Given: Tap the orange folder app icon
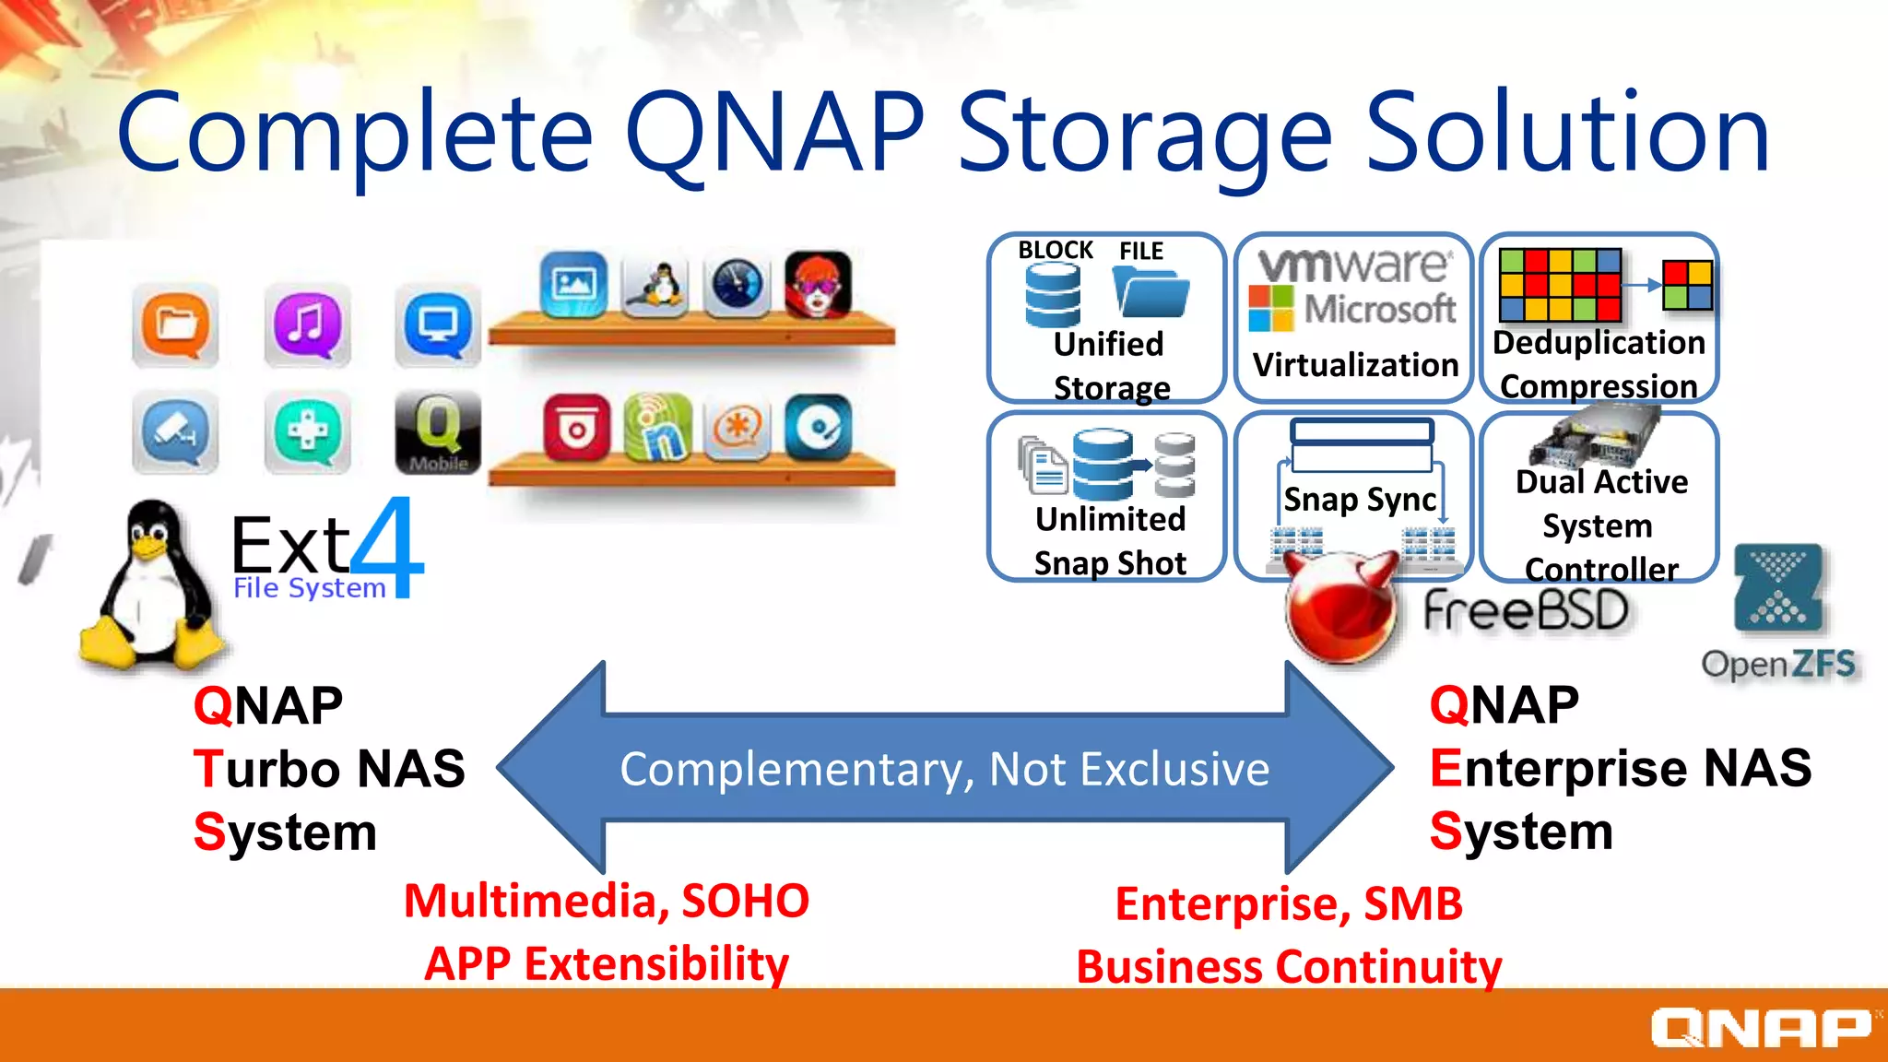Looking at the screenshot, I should [175, 325].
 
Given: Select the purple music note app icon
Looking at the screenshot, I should [307, 325].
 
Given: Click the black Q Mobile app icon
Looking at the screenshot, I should [438, 431].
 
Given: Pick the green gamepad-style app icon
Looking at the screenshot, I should [307, 431].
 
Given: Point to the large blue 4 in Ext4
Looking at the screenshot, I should [387, 548].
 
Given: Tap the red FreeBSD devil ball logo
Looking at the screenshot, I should [1339, 608].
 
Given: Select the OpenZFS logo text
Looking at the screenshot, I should [1777, 664].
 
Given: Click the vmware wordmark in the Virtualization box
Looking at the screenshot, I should [1355, 265].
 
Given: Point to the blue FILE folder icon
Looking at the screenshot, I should [1150, 292].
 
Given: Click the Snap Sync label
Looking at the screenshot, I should [1359, 500].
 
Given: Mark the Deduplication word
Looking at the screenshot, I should [1599, 343].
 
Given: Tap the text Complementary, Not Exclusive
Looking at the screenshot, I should [944, 769].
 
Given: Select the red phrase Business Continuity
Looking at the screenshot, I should [1289, 966].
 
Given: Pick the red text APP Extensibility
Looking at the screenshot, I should [607, 964].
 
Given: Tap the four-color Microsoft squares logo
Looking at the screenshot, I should [1271, 308].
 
